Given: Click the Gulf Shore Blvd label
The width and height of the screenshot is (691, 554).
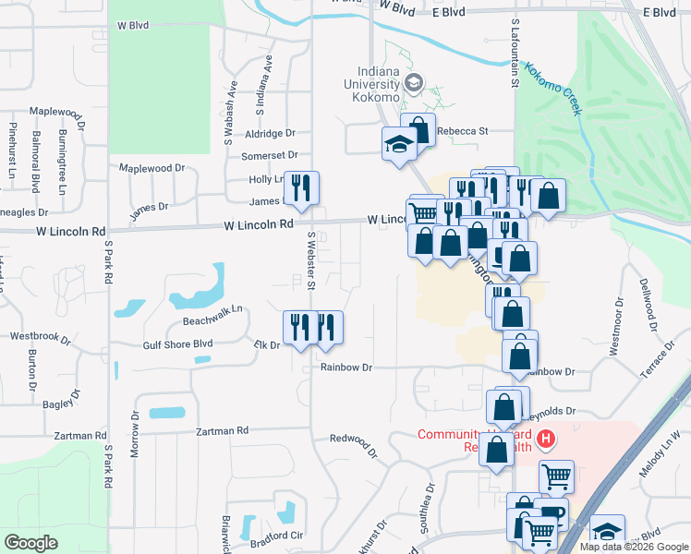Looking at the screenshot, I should click(x=178, y=344).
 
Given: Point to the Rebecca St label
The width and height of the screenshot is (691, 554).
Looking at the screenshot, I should click(x=462, y=131).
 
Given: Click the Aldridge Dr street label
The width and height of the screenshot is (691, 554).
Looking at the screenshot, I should click(x=271, y=134).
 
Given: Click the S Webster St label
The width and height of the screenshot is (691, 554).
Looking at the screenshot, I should click(x=312, y=260).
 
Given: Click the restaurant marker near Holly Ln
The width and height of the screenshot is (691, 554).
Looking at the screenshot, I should click(x=300, y=187).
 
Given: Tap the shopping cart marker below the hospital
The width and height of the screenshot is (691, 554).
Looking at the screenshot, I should click(x=555, y=476).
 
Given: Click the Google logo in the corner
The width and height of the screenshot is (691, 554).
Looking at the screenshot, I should click(x=30, y=543).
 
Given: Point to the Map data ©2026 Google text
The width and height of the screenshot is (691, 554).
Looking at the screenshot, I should click(x=634, y=547).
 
